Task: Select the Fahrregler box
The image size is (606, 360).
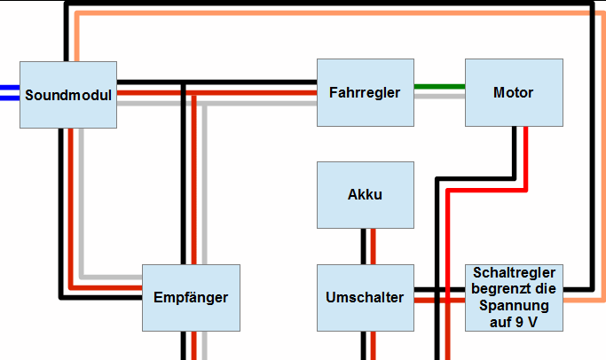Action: tap(365, 92)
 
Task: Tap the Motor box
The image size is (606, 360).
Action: tap(514, 92)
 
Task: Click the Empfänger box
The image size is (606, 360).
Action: tap(191, 297)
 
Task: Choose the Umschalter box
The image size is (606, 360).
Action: tap(365, 297)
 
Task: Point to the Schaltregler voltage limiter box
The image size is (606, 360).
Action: tap(514, 297)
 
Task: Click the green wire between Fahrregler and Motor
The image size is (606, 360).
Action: tap(439, 87)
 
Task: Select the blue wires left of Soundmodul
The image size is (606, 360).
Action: tap(9, 93)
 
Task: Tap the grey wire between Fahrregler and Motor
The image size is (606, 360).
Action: tap(439, 96)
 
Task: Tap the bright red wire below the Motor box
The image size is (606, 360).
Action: tap(525, 151)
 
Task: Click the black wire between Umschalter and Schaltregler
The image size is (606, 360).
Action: tap(439, 290)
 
